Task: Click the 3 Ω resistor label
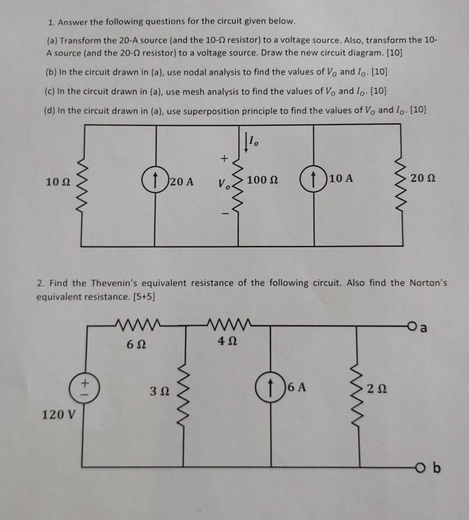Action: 157,390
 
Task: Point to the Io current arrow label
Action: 252,141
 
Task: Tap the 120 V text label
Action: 58,414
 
